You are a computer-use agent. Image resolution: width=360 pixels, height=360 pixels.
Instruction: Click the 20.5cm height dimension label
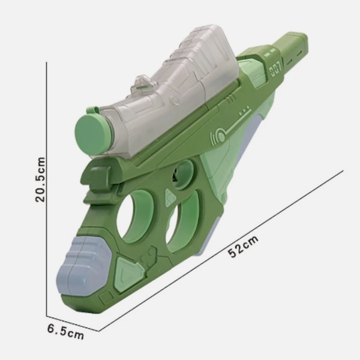click(40, 179)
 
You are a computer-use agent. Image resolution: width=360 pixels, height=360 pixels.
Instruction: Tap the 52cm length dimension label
click(243, 247)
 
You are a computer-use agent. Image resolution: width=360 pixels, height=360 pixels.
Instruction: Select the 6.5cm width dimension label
click(65, 332)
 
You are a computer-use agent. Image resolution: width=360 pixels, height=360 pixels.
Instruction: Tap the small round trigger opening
click(182, 175)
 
